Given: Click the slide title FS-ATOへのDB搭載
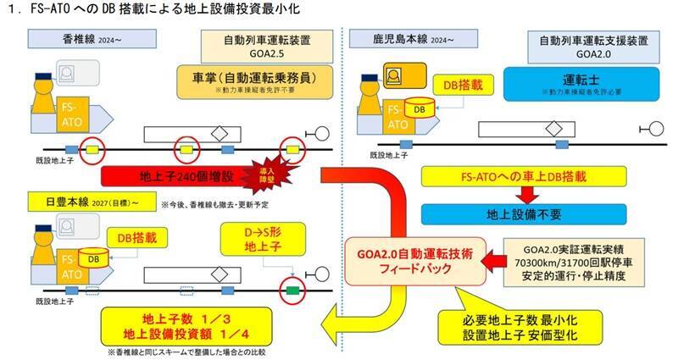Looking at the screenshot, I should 169,9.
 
